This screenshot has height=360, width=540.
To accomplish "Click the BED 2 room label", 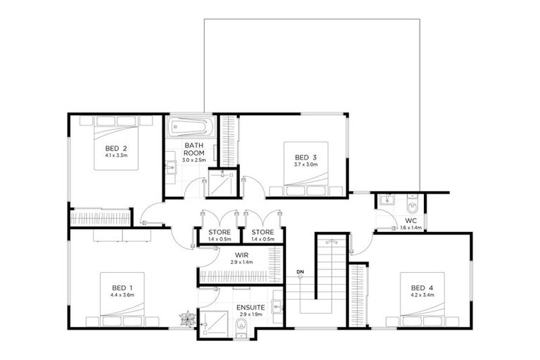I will [116, 148].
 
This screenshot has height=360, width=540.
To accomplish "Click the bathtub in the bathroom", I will [188, 129].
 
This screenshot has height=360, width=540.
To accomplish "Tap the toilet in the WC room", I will [413, 205].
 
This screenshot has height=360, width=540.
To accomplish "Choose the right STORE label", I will [262, 233].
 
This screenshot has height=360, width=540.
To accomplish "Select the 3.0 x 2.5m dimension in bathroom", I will [194, 161].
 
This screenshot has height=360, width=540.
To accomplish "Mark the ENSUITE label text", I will [250, 307].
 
